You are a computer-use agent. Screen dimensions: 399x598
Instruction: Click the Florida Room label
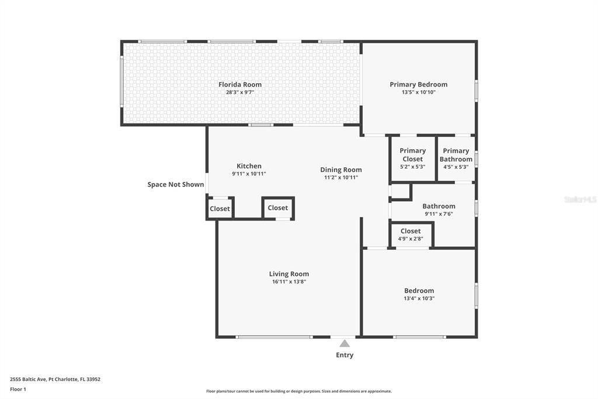click(x=240, y=84)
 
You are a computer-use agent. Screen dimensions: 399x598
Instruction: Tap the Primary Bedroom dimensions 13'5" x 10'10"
click(x=418, y=92)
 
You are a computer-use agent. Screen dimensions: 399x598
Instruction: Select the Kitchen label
click(x=249, y=166)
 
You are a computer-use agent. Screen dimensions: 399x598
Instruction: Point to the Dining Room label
click(x=341, y=170)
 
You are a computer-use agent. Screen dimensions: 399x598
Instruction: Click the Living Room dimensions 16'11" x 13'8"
click(x=288, y=281)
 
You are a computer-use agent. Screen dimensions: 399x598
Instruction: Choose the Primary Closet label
click(x=412, y=154)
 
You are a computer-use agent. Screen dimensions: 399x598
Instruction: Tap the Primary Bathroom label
click(x=456, y=155)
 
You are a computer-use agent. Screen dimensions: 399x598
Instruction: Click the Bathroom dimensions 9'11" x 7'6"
click(x=439, y=214)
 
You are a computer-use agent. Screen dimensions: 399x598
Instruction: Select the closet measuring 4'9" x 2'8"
click(x=411, y=235)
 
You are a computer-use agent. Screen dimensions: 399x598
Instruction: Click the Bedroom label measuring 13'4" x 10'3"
click(x=419, y=291)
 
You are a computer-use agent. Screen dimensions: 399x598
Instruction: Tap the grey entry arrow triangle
click(x=345, y=343)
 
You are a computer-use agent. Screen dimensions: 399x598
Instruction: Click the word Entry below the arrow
click(x=345, y=355)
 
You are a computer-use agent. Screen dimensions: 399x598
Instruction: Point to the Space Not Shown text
click(x=176, y=184)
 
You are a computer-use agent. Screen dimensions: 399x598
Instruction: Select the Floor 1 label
click(x=18, y=389)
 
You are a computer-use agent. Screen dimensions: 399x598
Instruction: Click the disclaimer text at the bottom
click(x=298, y=391)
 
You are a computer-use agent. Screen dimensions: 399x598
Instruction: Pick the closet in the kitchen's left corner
click(x=220, y=209)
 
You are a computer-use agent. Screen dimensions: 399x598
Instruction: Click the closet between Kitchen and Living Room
click(x=277, y=208)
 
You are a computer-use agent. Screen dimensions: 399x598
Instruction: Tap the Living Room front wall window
click(x=274, y=337)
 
